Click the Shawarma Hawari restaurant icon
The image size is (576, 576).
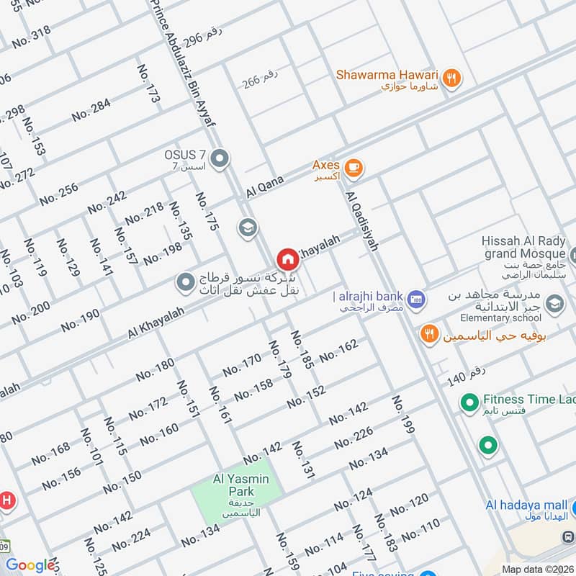[x=451, y=79]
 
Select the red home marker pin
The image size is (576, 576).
[x=287, y=259]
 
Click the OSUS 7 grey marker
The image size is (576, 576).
[x=221, y=158]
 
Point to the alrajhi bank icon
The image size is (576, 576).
[x=414, y=297]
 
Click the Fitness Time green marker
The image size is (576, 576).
[x=469, y=401]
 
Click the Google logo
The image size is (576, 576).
[x=30, y=566]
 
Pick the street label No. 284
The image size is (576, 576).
[x=91, y=109]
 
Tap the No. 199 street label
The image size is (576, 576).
[x=404, y=415]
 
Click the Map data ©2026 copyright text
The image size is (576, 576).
[x=537, y=569]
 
